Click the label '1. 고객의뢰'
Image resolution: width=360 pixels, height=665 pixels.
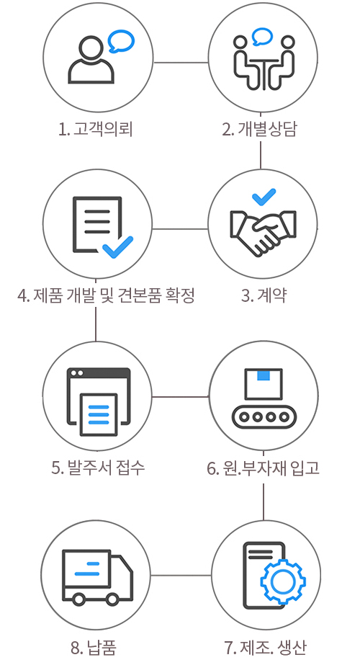[96, 129]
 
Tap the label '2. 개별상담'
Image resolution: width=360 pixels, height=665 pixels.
[259, 129]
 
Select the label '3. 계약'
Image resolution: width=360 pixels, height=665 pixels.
[263, 295]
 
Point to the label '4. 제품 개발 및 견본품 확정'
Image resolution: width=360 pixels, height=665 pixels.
[106, 295]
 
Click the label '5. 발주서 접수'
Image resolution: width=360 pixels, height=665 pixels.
[98, 468]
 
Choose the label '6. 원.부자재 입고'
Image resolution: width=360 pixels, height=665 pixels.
[263, 468]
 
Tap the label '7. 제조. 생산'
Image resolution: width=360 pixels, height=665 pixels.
[264, 648]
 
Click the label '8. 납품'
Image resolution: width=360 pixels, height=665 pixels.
[94, 648]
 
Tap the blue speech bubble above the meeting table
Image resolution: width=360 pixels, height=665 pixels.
[262, 37]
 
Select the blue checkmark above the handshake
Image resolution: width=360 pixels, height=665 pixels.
[264, 197]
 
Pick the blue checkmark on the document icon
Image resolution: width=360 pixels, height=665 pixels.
[117, 247]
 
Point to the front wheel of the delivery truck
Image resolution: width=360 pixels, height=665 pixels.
[112, 599]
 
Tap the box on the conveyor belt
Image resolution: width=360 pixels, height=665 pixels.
[264, 384]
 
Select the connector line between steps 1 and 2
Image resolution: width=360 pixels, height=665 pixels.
[181, 63]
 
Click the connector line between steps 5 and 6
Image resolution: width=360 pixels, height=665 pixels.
[180, 397]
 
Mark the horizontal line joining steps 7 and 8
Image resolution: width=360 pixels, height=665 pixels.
[181, 576]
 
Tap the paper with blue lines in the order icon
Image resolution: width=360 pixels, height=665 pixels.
[99, 414]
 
